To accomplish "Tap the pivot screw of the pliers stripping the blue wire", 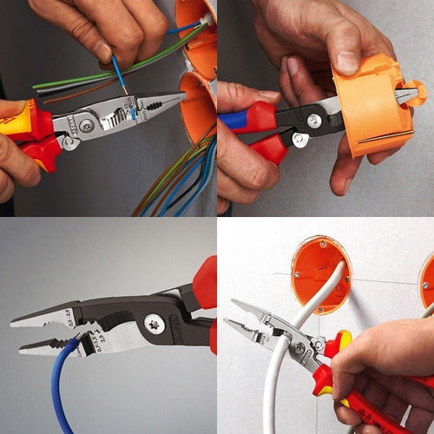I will coord(88,127).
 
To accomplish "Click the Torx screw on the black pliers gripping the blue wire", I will coord(155,324).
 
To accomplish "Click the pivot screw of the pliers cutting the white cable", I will coord(300,348).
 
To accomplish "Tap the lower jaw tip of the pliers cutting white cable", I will coord(227,324).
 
